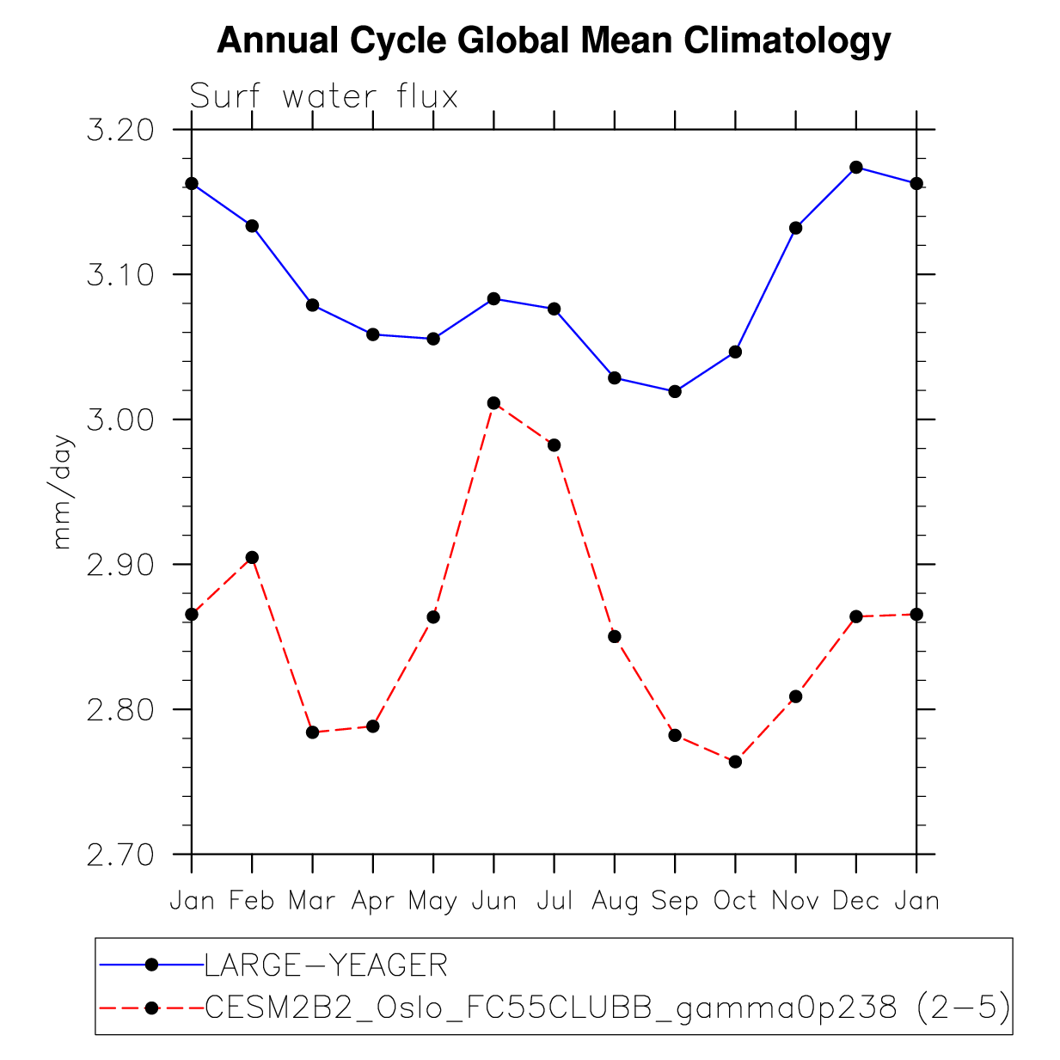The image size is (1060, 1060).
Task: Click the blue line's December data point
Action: (x=855, y=167)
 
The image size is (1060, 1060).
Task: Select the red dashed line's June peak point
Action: (x=493, y=403)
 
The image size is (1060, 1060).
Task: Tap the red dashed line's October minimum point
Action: (x=735, y=762)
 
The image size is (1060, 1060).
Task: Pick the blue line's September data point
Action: (x=675, y=391)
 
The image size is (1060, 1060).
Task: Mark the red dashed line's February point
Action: (x=252, y=558)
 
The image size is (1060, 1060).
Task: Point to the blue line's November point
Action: (x=795, y=228)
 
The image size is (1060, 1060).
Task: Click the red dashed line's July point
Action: (x=554, y=445)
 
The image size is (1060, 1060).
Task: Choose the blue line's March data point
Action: (x=312, y=305)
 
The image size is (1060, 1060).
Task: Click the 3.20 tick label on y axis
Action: (x=119, y=131)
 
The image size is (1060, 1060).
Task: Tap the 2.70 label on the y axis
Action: (x=119, y=855)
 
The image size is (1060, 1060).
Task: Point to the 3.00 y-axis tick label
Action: (x=119, y=420)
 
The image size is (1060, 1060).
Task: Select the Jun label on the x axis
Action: (x=493, y=901)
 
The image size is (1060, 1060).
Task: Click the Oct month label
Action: (x=735, y=901)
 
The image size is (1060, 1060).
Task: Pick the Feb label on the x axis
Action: (x=252, y=901)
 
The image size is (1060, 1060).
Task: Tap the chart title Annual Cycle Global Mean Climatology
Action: (x=554, y=40)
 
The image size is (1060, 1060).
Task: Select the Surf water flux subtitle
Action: (x=323, y=96)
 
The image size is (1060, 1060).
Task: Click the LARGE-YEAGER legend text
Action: (x=326, y=965)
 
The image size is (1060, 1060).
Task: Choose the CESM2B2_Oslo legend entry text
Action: (x=607, y=1007)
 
